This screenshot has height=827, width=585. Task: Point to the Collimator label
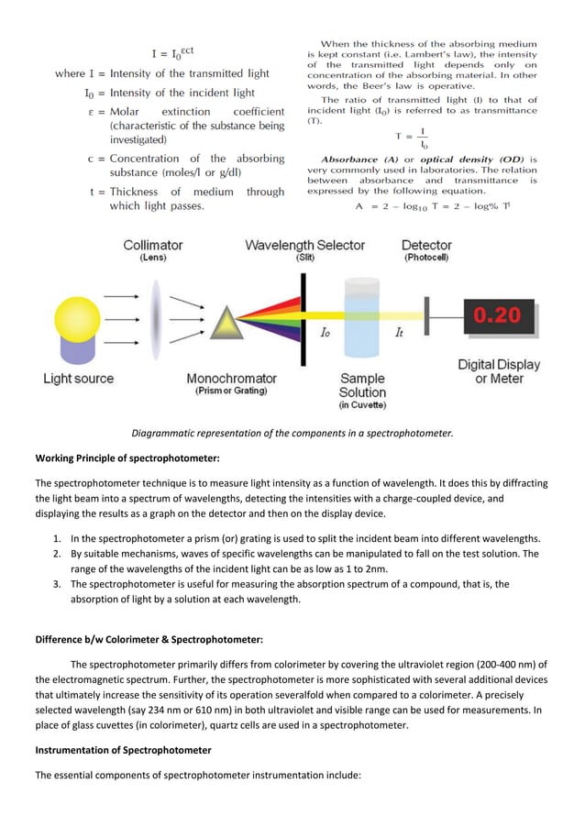tap(153, 245)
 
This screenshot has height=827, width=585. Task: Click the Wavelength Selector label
tap(304, 245)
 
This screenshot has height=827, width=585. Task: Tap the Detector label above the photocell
tap(426, 245)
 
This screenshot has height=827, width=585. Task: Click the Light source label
tap(79, 378)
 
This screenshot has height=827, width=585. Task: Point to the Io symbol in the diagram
tap(325, 333)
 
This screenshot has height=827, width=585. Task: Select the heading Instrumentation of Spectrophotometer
tap(123, 749)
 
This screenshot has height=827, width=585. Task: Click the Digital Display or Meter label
tap(499, 371)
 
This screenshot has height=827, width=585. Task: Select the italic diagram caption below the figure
tap(292, 433)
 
